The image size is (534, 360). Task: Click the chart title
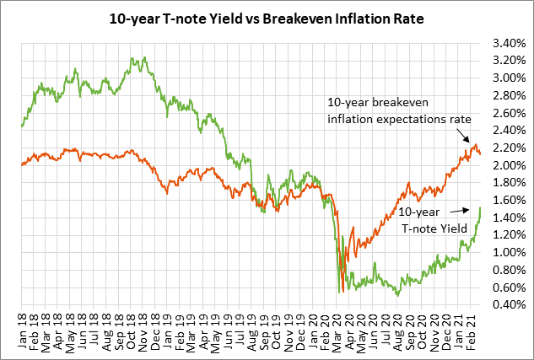coord(267,16)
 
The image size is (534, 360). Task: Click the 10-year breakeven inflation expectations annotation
coord(397,110)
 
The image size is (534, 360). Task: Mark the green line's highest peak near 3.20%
coord(132,58)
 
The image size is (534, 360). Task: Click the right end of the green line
coord(481,207)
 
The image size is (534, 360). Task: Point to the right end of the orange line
coord(481,154)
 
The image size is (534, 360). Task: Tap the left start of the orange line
coord(21,164)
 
